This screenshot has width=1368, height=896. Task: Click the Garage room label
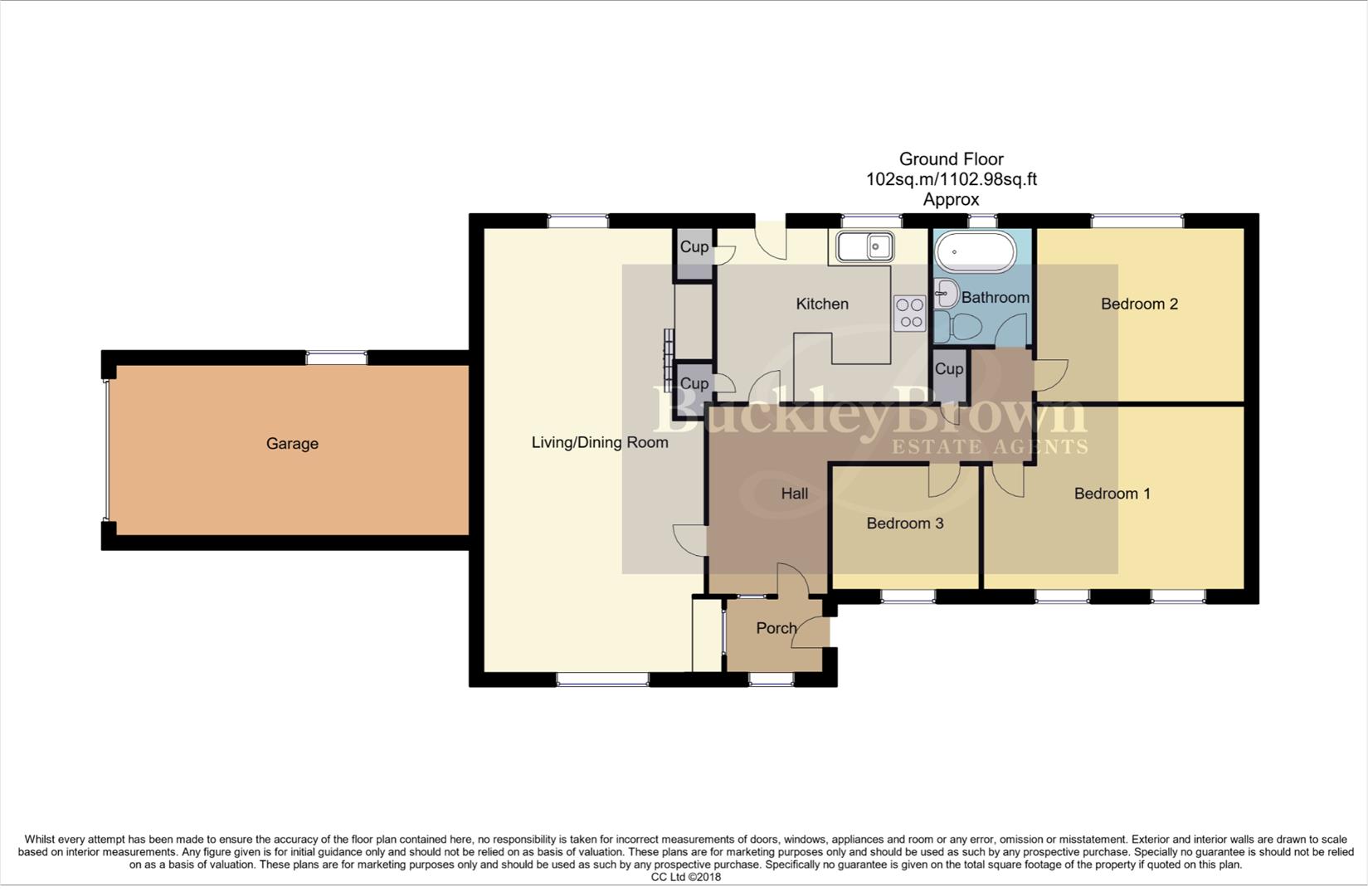292,444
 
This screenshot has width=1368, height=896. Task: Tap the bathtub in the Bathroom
975,251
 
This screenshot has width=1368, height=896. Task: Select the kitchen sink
864,246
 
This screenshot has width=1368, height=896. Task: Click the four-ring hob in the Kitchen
909,314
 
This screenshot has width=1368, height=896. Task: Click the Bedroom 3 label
904,523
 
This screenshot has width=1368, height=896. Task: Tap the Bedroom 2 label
1139,304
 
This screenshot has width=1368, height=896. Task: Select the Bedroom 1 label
1112,494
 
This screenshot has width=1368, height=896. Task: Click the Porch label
776,629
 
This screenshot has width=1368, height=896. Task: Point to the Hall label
794,494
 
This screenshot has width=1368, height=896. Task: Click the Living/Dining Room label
600,443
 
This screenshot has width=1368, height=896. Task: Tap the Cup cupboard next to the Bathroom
949,369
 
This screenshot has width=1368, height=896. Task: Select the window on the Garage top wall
336,358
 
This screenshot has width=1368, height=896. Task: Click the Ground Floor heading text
951,159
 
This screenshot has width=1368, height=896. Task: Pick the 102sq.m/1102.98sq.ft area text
951,179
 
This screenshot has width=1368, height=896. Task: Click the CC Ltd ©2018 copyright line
685,877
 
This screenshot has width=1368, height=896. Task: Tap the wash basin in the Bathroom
946,294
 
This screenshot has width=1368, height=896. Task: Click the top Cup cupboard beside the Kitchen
694,247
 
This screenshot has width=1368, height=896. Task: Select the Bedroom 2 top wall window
1137,221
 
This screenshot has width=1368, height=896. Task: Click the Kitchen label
821,304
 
